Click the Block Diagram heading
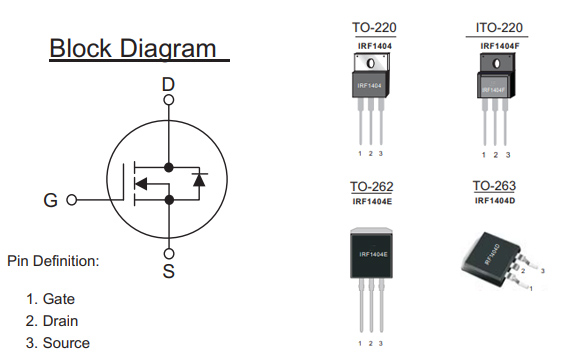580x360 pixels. [132, 47]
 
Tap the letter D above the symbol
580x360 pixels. [168, 86]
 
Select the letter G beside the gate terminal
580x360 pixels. [50, 200]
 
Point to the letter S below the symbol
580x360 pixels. [168, 271]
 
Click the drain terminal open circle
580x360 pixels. [168, 100]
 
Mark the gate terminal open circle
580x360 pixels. [71, 200]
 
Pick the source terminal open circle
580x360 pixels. [168, 252]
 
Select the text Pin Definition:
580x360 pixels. [53, 261]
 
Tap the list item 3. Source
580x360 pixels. [57, 343]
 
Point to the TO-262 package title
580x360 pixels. [371, 187]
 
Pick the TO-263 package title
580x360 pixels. [496, 187]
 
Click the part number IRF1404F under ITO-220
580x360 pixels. [496, 45]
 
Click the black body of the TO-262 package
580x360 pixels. [371, 254]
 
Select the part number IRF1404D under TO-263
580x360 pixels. [496, 202]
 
